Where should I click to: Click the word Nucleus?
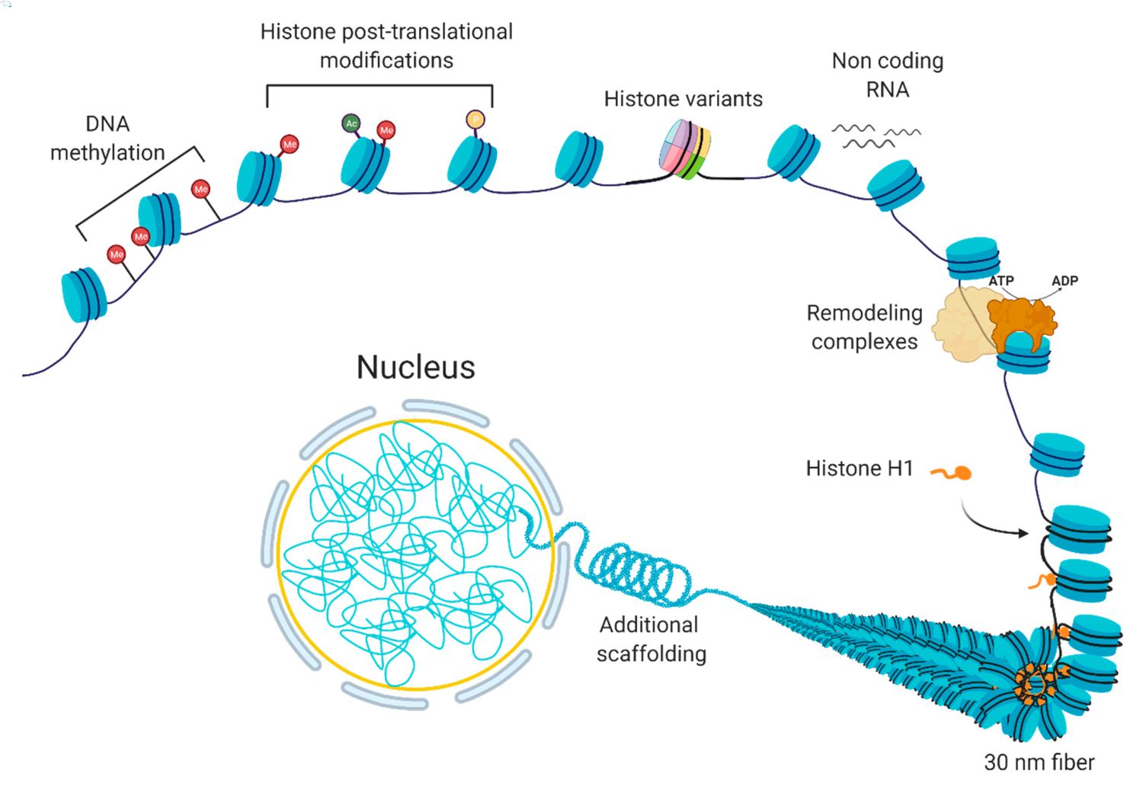click(415, 367)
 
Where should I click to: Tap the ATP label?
click(1001, 281)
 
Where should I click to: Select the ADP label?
click(1065, 281)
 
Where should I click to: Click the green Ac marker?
click(351, 123)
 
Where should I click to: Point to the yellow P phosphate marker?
click(475, 120)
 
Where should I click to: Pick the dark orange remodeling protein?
click(1022, 320)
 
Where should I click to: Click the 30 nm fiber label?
click(1039, 762)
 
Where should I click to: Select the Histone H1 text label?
click(859, 468)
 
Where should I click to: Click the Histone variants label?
click(683, 99)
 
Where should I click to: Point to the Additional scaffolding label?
click(651, 639)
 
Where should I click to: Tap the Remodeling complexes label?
click(864, 327)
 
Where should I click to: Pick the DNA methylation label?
click(107, 138)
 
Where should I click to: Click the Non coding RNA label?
click(887, 75)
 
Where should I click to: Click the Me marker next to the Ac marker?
click(386, 130)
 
